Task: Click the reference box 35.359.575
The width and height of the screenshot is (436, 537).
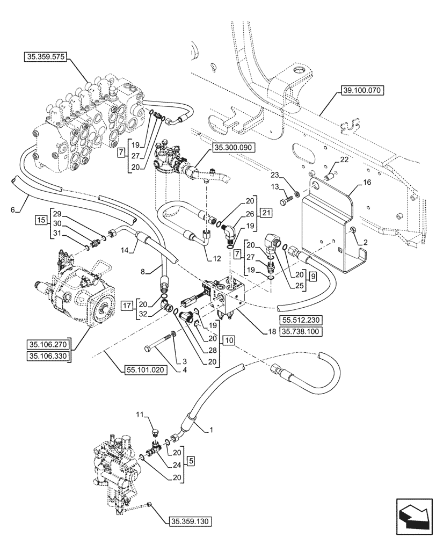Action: click(45, 56)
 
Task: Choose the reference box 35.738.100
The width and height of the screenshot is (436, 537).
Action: click(299, 331)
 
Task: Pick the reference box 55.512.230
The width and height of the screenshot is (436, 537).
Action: click(299, 320)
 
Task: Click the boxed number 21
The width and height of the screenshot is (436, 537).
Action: click(266, 213)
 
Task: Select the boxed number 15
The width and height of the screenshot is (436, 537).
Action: click(41, 221)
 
